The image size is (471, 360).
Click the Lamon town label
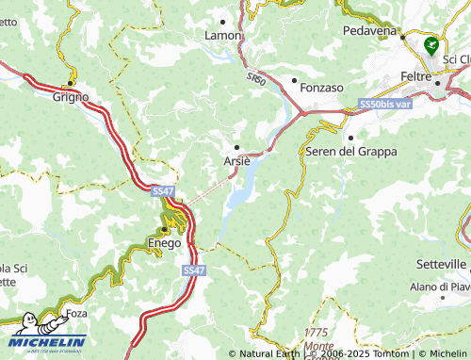pyautogui.click(x=223, y=35)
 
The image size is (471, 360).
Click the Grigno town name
pyautogui.click(x=71, y=96)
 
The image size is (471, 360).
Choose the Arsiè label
pyautogui.click(x=236, y=161)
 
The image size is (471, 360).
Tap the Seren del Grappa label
pyautogui.click(x=350, y=151)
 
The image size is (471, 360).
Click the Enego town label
pyautogui.click(x=164, y=243)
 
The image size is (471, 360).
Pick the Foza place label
pyautogui.click(x=74, y=314)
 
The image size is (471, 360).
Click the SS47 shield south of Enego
pyautogui.click(x=192, y=270)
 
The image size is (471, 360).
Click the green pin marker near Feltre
pyautogui.click(x=431, y=45)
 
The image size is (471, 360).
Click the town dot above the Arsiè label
pyautogui.click(x=237, y=146)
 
